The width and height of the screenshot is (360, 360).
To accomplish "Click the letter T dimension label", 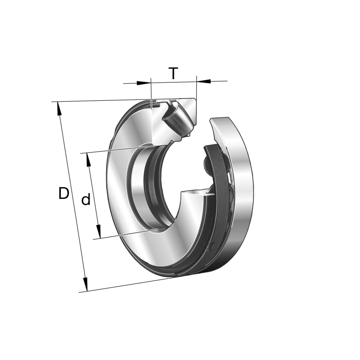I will pyautogui.click(x=173, y=73).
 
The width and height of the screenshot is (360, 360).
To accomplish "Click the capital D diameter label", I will pyautogui.click(x=64, y=193).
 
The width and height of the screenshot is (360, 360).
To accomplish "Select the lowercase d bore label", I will pyautogui.click(x=85, y=199).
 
